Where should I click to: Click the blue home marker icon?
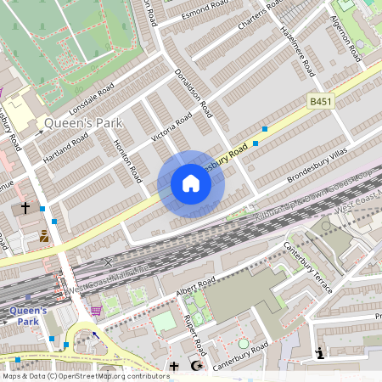pyautogui.click(x=191, y=183)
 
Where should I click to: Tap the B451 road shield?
pyautogui.click(x=319, y=101)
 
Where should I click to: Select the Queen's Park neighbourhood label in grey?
pyautogui.click(x=82, y=123)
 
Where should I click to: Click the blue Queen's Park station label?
pyautogui.click(x=28, y=316)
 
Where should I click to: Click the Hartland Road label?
pyautogui.click(x=65, y=149)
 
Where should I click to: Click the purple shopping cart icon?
pyautogui.click(x=96, y=310)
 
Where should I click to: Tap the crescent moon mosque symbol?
pyautogui.click(x=198, y=366)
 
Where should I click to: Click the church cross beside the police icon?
pyautogui.click(x=25, y=207)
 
